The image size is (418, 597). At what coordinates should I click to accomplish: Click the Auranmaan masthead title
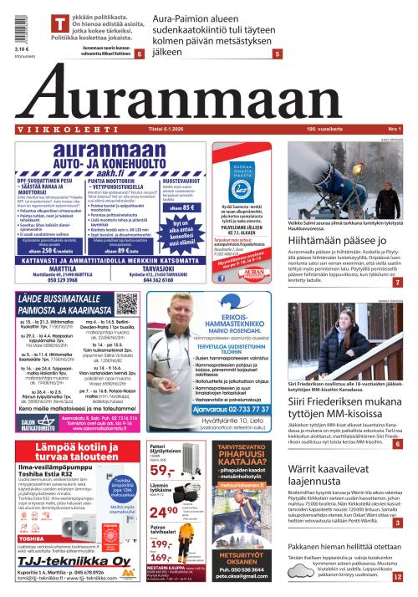[209, 94]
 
